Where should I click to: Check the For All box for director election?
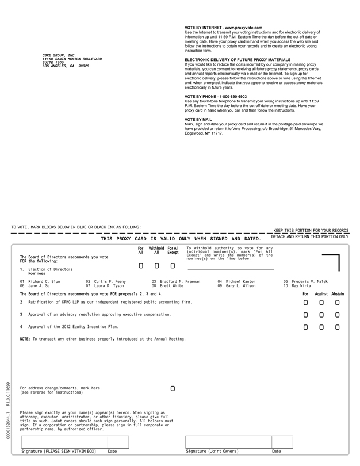pyautogui.click(x=141, y=266)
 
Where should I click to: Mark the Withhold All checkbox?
pyautogui.click(x=156, y=266)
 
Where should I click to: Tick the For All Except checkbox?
pyautogui.click(x=173, y=266)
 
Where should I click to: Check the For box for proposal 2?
pyautogui.click(x=305, y=302)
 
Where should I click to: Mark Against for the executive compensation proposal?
pyautogui.click(x=321, y=315)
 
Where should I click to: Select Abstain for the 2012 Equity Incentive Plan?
pyautogui.click(x=338, y=327)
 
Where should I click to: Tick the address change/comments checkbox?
pyautogui.click(x=173, y=389)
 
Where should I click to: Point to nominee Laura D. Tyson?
pyautogui.click(x=109, y=285)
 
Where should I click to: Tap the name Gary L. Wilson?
pyautogui.click(x=240, y=285)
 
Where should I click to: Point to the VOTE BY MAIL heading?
pyautogui.click(x=198, y=120)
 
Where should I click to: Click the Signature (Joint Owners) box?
pyautogui.click(x=228, y=441)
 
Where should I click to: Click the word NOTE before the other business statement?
pyautogui.click(x=25, y=339)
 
